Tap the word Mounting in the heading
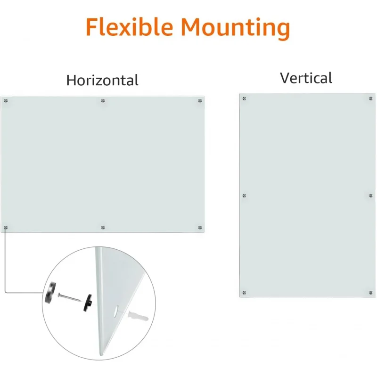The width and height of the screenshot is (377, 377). tap(235, 27)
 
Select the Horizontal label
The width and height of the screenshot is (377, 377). tap(102, 80)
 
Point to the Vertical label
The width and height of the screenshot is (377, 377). tap(306, 78)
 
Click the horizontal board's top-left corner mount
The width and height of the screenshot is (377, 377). tap(6, 101)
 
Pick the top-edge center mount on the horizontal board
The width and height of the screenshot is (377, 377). tap(103, 101)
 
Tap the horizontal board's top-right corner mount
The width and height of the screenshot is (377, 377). tap(200, 101)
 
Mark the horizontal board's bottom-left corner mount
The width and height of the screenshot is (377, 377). tap(6, 228)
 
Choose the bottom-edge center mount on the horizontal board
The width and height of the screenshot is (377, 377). tap(103, 228)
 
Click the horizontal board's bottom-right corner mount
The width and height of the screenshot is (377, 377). tap(200, 228)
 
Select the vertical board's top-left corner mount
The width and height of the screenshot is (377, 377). tap(244, 98)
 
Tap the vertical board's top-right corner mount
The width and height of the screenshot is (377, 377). tap(371, 98)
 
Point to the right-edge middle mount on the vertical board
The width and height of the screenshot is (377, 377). tap(371, 195)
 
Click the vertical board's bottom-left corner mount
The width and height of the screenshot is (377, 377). tap(244, 293)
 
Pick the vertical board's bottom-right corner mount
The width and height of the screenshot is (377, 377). tap(371, 293)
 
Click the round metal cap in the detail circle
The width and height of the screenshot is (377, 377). tap(49, 292)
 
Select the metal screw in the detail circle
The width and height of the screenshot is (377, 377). tap(70, 297)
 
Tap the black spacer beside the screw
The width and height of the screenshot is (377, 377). tap(88, 301)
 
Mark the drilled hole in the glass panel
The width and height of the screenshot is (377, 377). tap(116, 311)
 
